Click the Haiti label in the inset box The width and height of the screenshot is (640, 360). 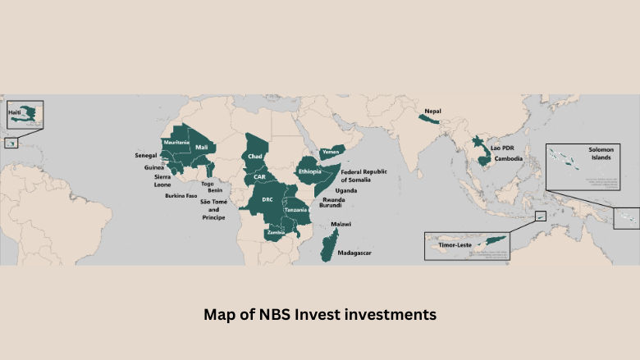coord(14,111)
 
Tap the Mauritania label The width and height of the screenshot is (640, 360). coord(176,143)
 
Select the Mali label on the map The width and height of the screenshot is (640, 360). coord(202,147)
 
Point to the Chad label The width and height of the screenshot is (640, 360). coord(254,156)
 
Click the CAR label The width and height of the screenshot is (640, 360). coord(259,176)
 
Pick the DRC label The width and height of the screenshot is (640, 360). coord(267,199)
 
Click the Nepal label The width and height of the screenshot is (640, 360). coord(432,110)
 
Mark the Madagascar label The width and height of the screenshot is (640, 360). coord(354,253)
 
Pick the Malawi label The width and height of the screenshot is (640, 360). coord(341,224)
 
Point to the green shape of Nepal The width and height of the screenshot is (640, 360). coord(428,120)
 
